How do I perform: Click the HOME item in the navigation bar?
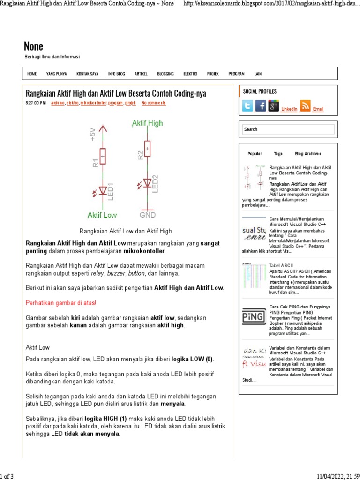pos(32,74)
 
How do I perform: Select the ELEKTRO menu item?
pos(190,74)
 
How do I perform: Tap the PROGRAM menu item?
pos(236,74)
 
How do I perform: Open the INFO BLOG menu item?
pos(116,74)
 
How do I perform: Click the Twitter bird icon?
pos(247,106)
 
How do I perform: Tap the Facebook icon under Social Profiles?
pos(260,106)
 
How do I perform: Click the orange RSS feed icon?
pos(305,106)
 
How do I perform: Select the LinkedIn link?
pos(289,109)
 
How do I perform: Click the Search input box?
pos(288,129)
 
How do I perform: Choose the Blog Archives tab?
pos(307,154)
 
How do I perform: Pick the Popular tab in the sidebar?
pos(255,154)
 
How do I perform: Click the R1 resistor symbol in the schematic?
pos(103,156)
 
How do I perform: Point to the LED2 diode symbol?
pos(147,182)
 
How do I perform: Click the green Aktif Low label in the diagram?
pos(102,215)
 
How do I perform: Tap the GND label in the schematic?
pos(148,215)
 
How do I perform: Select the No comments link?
pos(153,103)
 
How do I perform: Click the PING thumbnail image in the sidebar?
pos(254,316)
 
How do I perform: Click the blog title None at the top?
pos(34,46)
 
